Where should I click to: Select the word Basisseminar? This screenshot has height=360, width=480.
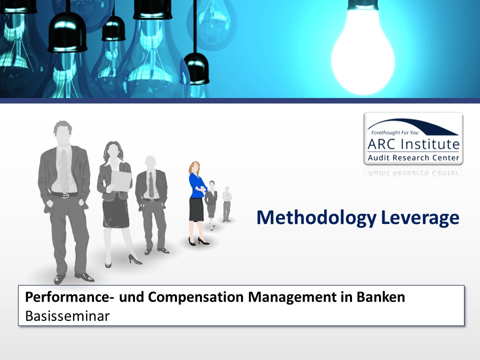(67, 316)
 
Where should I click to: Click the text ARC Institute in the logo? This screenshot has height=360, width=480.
(413, 144)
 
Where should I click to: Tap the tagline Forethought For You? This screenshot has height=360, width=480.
(394, 132)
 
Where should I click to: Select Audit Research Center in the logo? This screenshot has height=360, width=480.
(413, 157)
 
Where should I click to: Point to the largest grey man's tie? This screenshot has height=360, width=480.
(63, 170)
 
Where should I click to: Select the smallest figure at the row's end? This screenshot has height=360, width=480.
(226, 204)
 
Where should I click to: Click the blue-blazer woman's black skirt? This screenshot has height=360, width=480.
(196, 209)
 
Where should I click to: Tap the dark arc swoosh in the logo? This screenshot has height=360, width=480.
(413, 125)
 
